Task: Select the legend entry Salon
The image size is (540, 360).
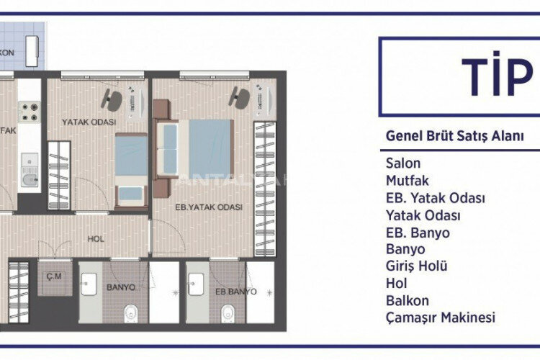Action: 403,163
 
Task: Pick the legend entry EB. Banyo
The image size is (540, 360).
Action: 418,233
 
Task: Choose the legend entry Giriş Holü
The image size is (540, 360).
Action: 417,266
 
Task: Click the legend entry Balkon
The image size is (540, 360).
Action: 408,300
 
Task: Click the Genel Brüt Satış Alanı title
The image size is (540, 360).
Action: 454,135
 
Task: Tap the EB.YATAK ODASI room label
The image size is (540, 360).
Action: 209,207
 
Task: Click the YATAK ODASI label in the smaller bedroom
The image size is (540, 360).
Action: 89,122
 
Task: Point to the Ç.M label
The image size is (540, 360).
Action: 52,274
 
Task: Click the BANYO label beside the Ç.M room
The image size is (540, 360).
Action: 121,287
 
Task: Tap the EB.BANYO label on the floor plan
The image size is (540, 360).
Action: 236,292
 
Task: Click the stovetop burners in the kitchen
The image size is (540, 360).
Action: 29,111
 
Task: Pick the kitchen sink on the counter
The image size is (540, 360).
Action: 30,179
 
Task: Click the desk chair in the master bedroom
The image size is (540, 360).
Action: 238,95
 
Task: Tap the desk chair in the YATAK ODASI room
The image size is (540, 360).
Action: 112,96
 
